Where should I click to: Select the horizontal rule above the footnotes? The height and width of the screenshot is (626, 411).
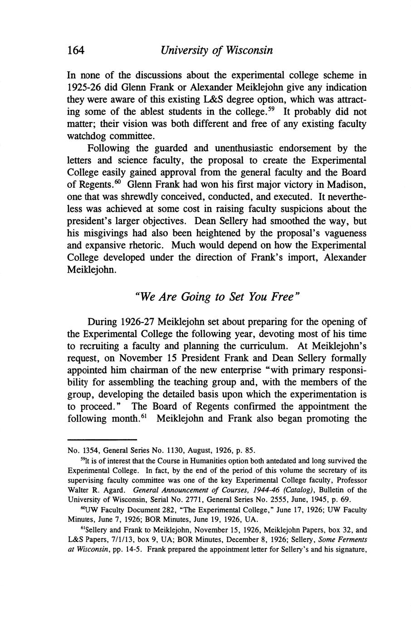(102, 440)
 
